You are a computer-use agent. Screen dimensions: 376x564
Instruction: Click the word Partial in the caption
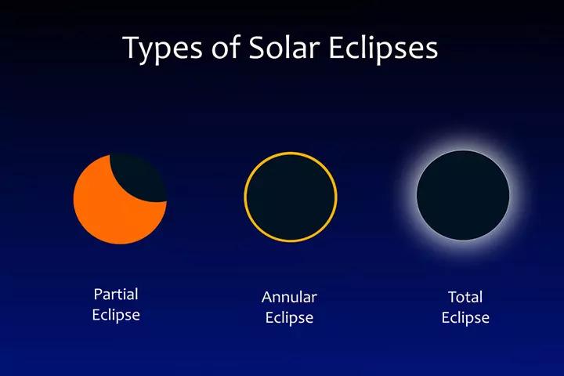tap(116, 295)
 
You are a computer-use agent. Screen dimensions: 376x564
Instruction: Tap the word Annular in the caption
tap(289, 297)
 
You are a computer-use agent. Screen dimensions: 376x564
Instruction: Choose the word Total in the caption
tap(465, 297)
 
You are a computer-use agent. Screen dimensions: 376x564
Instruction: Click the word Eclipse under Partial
tap(116, 315)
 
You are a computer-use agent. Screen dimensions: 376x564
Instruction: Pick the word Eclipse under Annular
tap(289, 317)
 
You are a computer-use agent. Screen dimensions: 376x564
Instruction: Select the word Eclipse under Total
tap(465, 317)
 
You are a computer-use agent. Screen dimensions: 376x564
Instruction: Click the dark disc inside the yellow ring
tap(291, 195)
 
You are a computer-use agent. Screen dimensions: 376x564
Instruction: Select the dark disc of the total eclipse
tap(463, 193)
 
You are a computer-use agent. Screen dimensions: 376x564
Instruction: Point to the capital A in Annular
tap(267, 297)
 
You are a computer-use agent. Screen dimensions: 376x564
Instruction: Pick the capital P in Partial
tap(98, 295)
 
